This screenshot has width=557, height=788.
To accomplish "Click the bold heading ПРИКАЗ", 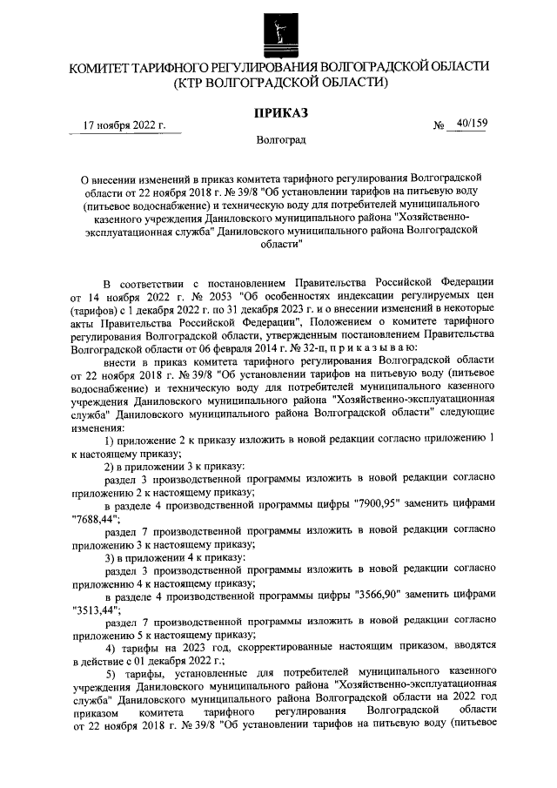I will point(279,112).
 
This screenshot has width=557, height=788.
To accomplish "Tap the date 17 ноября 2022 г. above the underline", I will point(124,126).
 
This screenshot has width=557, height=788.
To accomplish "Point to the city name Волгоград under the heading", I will point(279,139).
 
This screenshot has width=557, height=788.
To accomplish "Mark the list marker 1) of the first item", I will point(111,441).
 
